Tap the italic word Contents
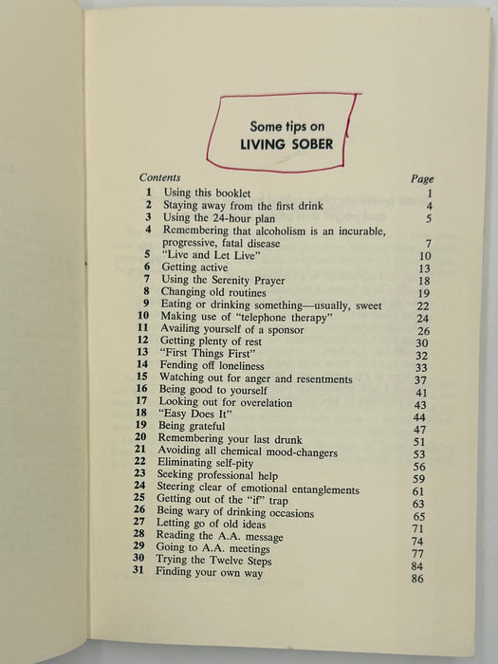(159, 177)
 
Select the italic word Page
(421, 179)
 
